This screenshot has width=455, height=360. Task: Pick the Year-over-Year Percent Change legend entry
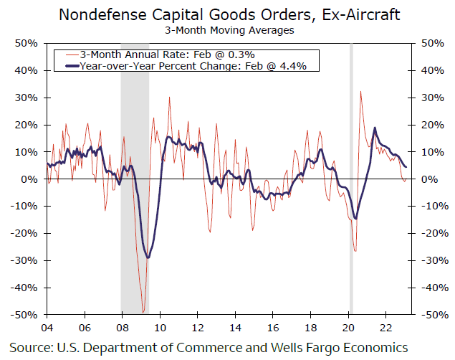pos(186,66)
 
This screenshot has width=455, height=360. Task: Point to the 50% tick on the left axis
pos(27,44)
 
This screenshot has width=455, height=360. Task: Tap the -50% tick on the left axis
pos(26,315)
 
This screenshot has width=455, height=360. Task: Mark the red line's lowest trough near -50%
pos(143,312)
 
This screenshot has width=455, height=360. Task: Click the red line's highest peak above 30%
pos(360,91)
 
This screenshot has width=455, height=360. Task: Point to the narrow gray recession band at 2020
pos(350,179)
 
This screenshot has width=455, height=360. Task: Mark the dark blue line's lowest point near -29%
pos(148,257)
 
